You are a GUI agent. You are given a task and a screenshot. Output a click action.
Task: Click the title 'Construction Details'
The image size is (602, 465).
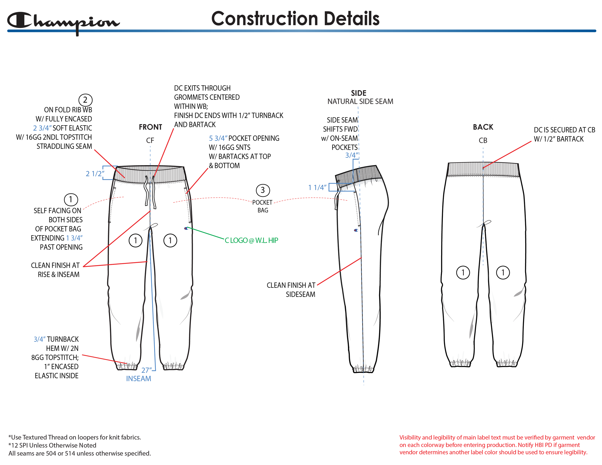[295, 19]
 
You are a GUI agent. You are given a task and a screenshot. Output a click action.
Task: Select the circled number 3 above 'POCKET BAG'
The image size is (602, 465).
[263, 190]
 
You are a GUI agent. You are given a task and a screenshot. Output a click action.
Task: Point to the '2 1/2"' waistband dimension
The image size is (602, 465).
[95, 174]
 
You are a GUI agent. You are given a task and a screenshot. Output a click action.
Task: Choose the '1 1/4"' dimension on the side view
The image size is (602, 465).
[317, 187]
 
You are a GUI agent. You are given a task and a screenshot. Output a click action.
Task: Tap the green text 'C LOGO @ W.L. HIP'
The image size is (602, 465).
[251, 240]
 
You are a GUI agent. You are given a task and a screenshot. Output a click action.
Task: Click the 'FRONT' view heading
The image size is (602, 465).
[150, 127]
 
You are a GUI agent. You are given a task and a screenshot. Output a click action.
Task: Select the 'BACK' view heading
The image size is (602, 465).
[483, 127]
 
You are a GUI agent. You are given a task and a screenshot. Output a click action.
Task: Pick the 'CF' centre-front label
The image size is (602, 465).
[150, 141]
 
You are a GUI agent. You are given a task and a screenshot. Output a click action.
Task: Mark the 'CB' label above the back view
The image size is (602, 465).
[483, 141]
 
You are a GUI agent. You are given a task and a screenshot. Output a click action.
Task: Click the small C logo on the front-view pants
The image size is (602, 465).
[186, 228]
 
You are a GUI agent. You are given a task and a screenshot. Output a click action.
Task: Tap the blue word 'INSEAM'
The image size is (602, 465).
[138, 379]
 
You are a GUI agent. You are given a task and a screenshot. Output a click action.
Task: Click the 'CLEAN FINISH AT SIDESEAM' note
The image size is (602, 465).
[291, 290]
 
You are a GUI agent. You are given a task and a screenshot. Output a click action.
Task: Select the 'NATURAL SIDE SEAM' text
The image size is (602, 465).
[360, 101]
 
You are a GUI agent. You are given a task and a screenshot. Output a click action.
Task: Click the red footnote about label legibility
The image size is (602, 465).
[497, 445]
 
